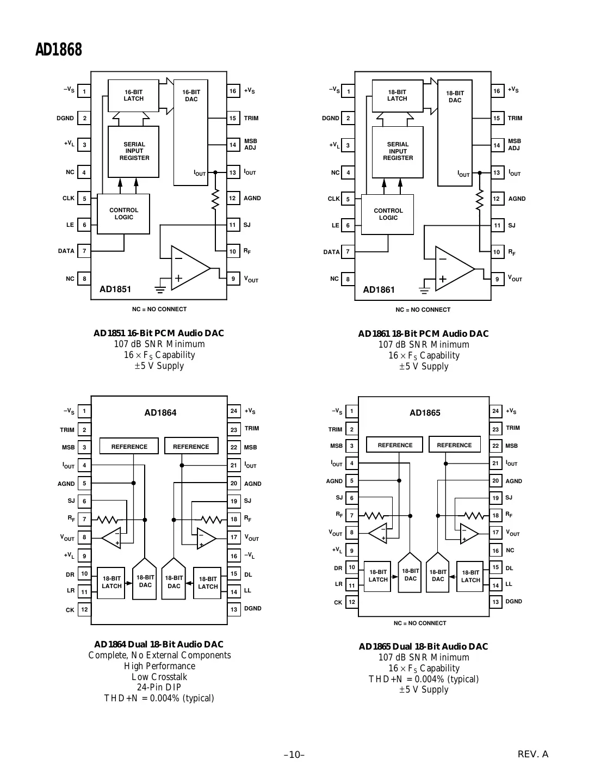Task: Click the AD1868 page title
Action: pos(59,50)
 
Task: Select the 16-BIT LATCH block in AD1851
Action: pos(133,95)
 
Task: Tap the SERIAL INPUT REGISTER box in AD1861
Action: pos(398,152)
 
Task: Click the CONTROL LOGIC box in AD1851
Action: pos(123,214)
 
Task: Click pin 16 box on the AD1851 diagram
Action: pos(233,91)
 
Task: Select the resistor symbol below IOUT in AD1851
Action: pos(215,199)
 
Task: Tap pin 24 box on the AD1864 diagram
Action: pos(234,411)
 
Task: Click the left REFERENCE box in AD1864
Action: pos(129,447)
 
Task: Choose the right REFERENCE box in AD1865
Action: pos(454,444)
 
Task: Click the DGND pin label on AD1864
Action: pos(252,608)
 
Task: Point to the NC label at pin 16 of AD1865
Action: pos(510,551)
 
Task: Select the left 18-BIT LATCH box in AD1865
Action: pos(377,576)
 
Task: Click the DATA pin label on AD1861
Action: pos(331,252)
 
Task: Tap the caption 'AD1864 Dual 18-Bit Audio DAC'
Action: pos(159,644)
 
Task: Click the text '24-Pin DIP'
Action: pos(159,687)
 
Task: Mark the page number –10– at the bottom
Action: pos(294,755)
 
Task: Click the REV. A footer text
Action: pos(532,754)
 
